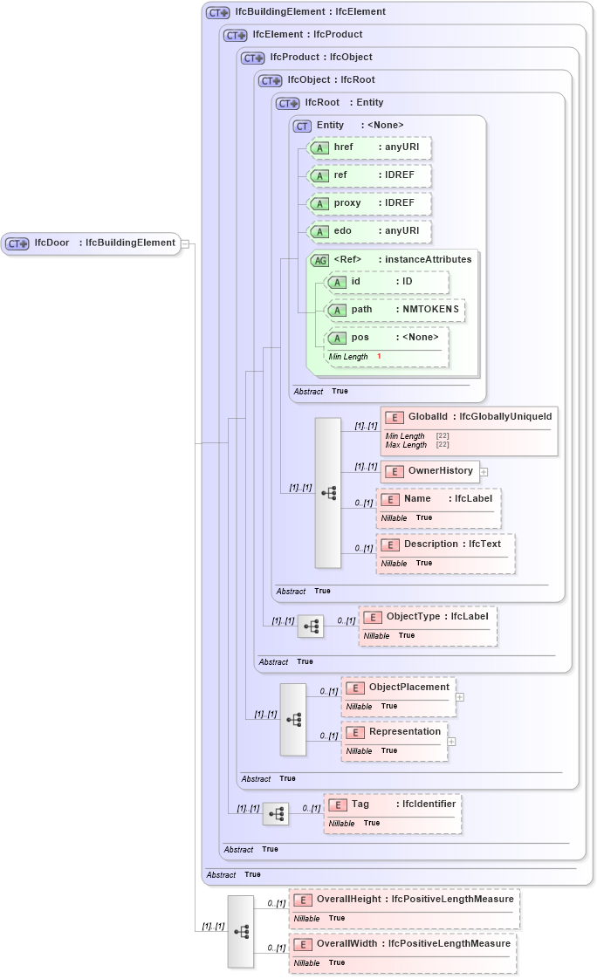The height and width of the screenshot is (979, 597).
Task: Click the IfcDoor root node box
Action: [91, 243]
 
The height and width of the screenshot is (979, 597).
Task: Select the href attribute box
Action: [370, 148]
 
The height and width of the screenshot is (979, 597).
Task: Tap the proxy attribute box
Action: [370, 203]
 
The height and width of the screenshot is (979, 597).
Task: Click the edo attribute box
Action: [370, 231]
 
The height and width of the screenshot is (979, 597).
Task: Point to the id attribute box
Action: [386, 282]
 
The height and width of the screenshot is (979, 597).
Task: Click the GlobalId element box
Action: [469, 418]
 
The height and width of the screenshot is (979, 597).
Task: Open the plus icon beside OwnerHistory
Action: [484, 472]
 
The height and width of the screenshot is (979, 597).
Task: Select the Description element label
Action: [445, 544]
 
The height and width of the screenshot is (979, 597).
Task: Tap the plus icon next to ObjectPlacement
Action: [460, 697]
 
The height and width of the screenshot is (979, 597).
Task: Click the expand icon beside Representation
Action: [452, 742]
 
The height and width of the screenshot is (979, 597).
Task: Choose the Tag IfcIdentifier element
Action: [392, 805]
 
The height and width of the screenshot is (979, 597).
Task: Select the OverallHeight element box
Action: [405, 900]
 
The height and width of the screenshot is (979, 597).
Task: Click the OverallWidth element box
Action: [403, 944]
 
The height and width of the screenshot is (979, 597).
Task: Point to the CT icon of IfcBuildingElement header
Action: [217, 13]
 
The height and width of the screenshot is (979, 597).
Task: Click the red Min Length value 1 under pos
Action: [379, 357]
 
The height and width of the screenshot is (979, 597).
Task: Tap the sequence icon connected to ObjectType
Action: [311, 626]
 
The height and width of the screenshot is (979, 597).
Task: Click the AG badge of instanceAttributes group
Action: [319, 260]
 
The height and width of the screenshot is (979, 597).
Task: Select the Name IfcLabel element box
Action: [438, 499]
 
